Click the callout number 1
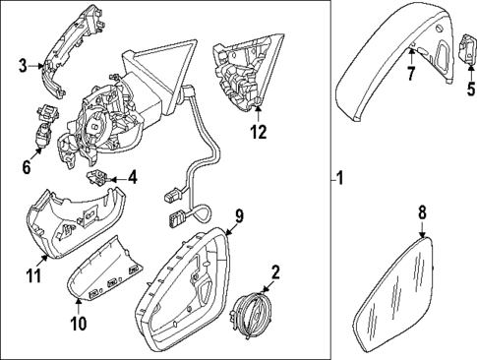pyautogui.click(x=340, y=178)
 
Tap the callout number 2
pyautogui.click(x=275, y=272)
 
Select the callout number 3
pyautogui.click(x=23, y=65)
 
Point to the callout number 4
pyautogui.click(x=132, y=178)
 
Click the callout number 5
pyautogui.click(x=471, y=89)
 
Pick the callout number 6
pyautogui.click(x=27, y=167)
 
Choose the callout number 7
pyautogui.click(x=411, y=74)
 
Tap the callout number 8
pyautogui.click(x=422, y=212)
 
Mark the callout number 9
pyautogui.click(x=240, y=216)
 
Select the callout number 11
pyautogui.click(x=34, y=274)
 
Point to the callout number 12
pyautogui.click(x=259, y=132)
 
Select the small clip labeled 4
pyautogui.click(x=96, y=178)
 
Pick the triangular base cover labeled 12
pyautogui.click(x=248, y=72)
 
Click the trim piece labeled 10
pyautogui.click(x=105, y=269)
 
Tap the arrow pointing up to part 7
pyautogui.click(x=411, y=56)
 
